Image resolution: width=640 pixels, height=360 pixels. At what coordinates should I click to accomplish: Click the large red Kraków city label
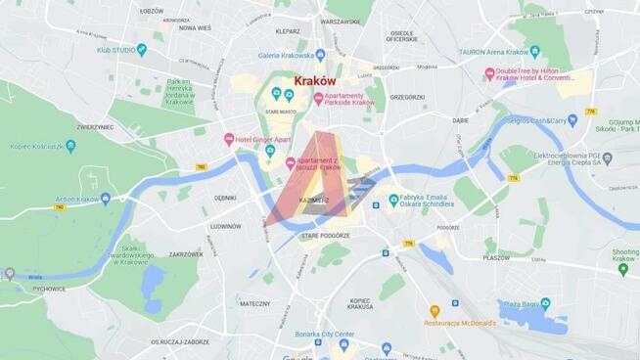point(315,81)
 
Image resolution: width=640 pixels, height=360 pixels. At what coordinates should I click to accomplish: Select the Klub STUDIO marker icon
point(142,48)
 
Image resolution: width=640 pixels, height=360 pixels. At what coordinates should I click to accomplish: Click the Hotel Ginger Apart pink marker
point(229,139)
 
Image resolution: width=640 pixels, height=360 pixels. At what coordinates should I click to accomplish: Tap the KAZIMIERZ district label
point(314,200)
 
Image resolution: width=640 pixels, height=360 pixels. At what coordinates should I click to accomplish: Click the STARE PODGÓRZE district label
point(325,236)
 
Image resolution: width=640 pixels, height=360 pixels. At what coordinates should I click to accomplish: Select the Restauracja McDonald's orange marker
point(434,311)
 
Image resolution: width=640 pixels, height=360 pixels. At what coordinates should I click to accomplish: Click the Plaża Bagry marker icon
point(545,303)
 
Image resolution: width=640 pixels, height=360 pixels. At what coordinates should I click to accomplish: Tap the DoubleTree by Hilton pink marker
point(489,73)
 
